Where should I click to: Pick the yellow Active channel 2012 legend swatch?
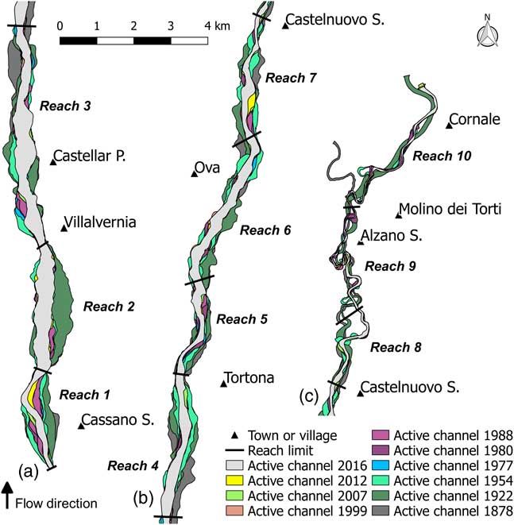click(234, 480)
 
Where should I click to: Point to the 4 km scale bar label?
click(216, 26)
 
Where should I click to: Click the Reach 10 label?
click(436, 156)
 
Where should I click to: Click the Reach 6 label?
click(265, 230)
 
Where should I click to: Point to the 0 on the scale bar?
click(60, 25)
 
